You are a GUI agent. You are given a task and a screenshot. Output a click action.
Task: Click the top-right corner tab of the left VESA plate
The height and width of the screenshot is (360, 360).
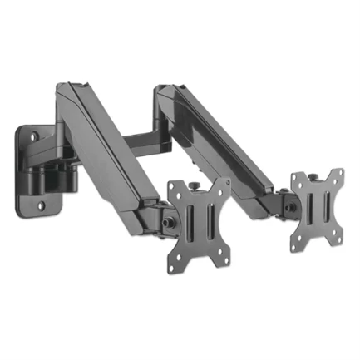(x=223, y=181)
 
